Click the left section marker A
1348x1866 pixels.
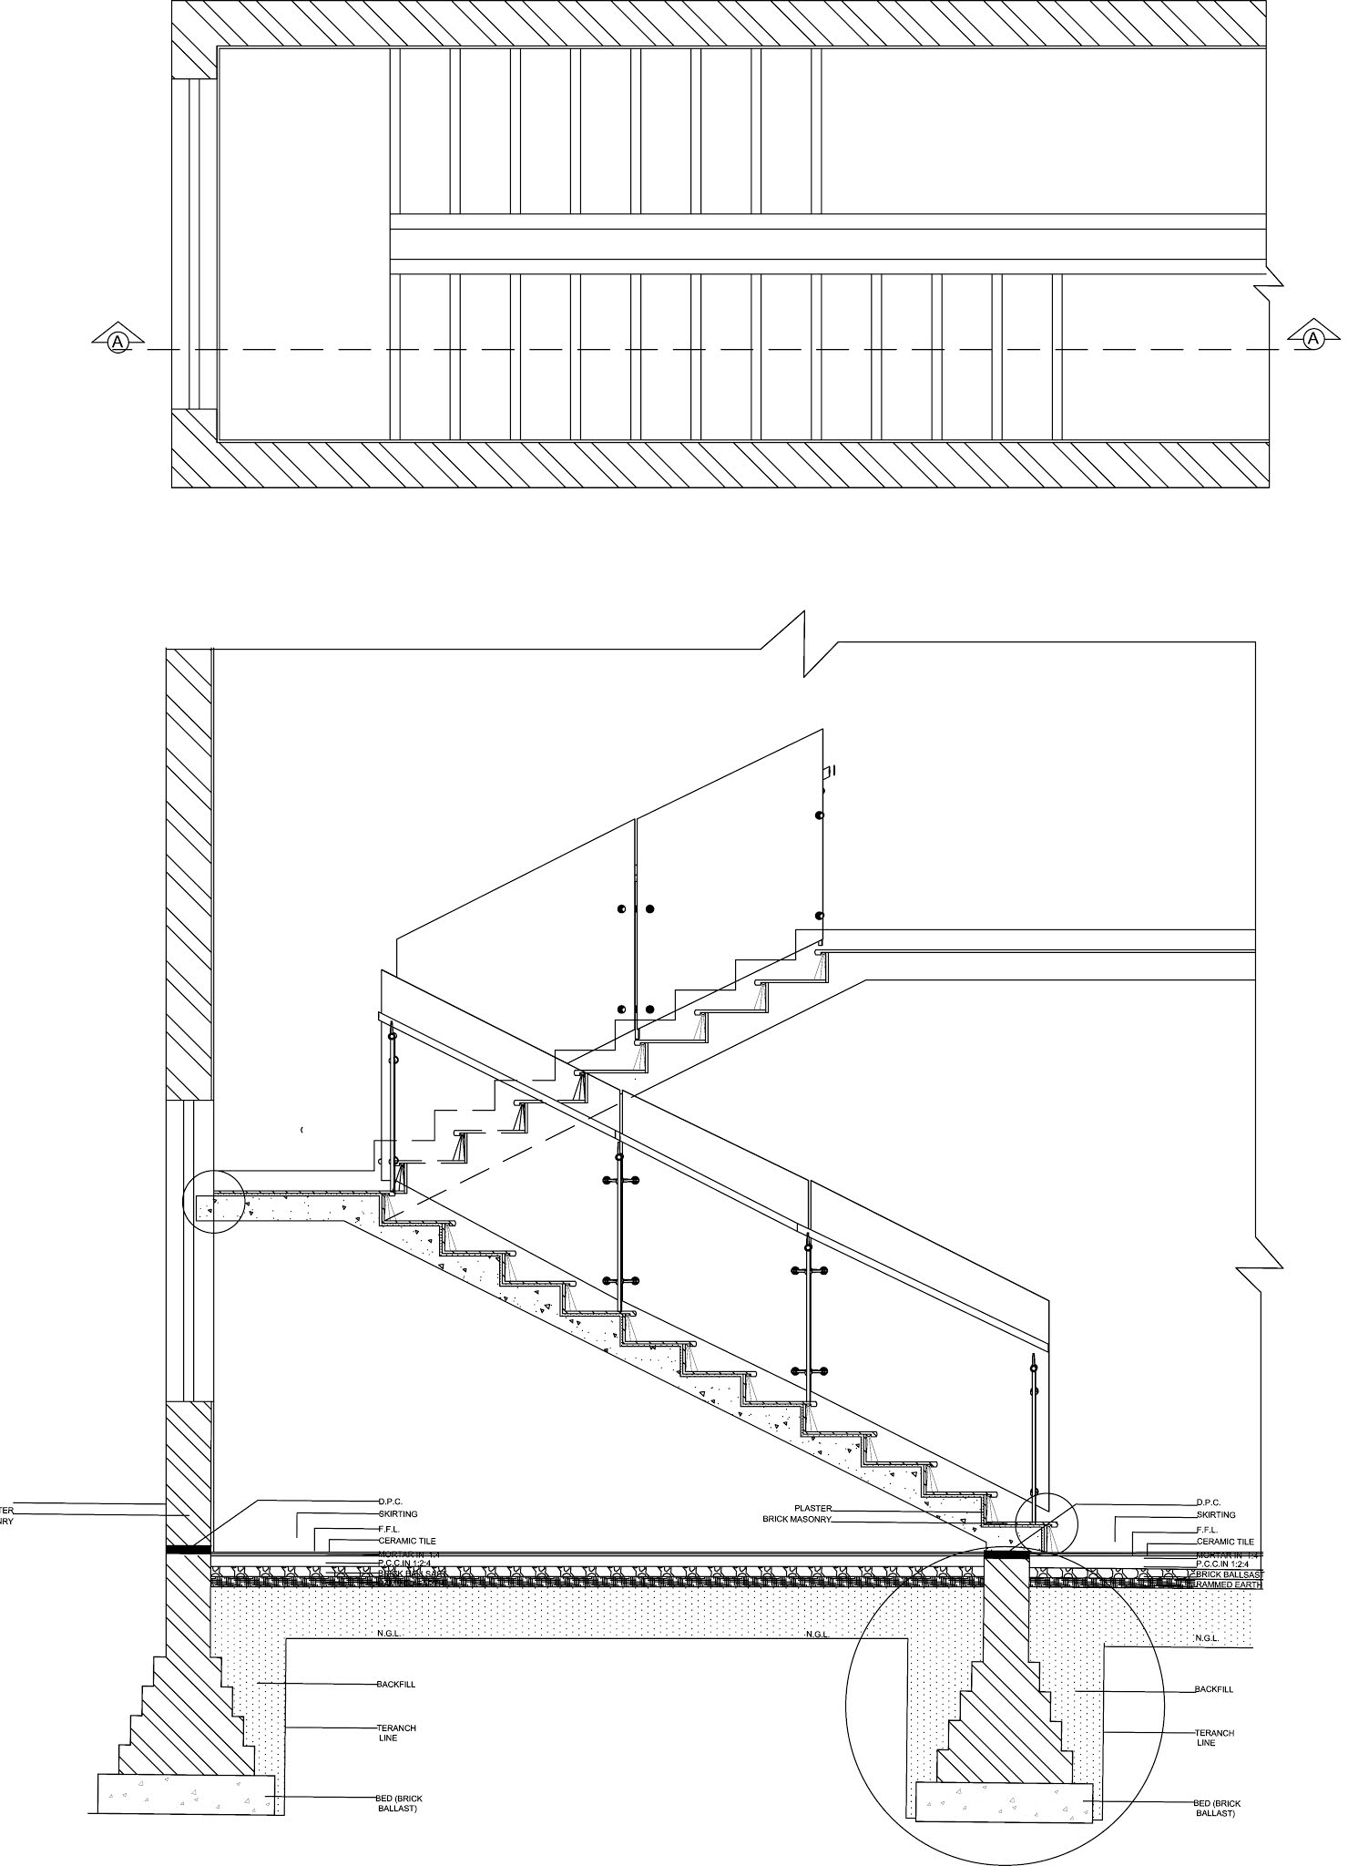click(117, 341)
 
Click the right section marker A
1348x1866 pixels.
click(1312, 339)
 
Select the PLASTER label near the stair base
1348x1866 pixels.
click(812, 1508)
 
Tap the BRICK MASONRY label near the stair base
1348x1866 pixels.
click(797, 1520)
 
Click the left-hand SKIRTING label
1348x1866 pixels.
click(398, 1514)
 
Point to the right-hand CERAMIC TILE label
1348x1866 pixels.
click(1225, 1542)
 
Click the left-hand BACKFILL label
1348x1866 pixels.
click(396, 1685)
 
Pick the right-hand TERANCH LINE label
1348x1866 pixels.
click(1214, 1738)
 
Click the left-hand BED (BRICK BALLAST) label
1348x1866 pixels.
click(399, 1803)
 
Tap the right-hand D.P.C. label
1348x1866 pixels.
click(1208, 1502)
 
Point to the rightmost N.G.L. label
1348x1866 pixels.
click(1206, 1638)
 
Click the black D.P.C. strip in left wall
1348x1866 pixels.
click(188, 1549)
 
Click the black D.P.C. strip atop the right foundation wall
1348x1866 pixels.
click(1006, 1556)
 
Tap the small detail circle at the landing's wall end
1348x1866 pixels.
click(214, 1202)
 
